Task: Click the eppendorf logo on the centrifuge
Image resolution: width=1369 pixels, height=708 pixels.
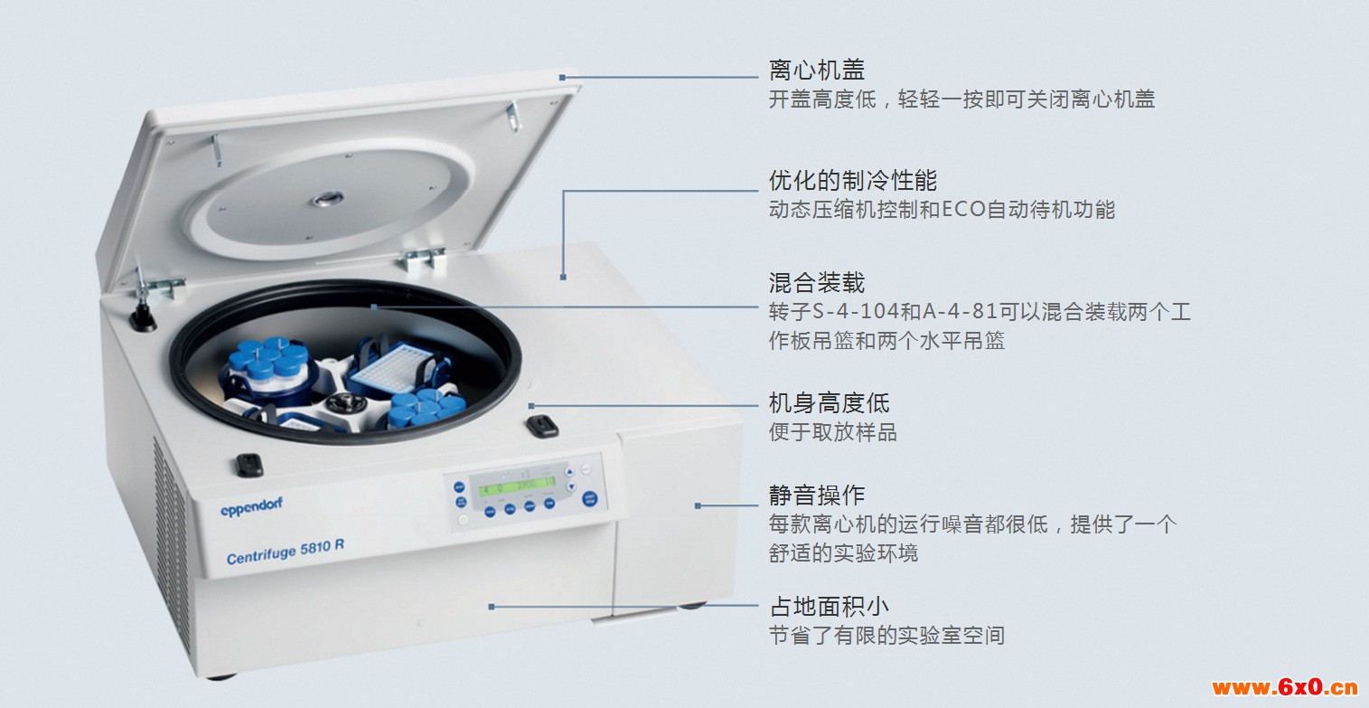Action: pos(251,507)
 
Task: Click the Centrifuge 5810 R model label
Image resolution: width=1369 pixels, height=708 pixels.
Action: pos(285,552)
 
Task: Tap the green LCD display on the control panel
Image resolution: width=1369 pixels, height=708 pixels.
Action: pos(517,486)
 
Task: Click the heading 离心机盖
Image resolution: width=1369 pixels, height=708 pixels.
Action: pos(817,71)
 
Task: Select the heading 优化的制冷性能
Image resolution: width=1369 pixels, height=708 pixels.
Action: pos(852,180)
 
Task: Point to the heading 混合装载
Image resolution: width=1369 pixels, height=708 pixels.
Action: pos(817,282)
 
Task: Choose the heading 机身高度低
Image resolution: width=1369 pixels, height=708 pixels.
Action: pos(829,403)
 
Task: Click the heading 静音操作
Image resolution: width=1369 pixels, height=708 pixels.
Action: pos(817,495)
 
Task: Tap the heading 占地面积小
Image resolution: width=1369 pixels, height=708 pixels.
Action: pos(829,606)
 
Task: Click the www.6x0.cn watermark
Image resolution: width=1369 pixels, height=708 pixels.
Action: pos(1285,687)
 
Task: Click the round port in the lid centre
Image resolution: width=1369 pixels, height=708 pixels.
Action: pos(328,199)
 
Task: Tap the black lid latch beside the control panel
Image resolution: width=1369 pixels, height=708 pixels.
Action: pos(248,466)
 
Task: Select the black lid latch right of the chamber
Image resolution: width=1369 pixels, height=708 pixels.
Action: pos(541,426)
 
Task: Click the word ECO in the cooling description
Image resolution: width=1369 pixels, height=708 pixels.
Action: pos(964,210)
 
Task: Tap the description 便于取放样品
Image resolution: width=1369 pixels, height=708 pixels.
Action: pos(833,432)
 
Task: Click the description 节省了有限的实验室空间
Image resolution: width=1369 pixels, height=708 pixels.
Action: pos(886,636)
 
